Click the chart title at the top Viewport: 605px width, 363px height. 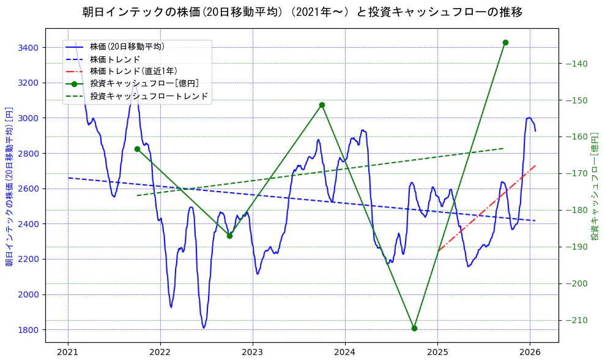[302, 12]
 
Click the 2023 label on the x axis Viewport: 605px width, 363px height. [252, 353]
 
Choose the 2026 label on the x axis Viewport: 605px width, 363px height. [530, 353]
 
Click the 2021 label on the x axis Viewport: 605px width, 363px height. [68, 353]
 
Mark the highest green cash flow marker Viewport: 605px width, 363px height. [505, 42]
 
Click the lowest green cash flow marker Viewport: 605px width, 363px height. [414, 328]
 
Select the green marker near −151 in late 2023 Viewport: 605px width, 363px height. [322, 105]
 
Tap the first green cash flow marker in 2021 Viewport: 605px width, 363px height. [137, 149]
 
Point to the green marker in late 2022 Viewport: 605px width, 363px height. [229, 236]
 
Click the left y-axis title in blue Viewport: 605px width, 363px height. [9, 187]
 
